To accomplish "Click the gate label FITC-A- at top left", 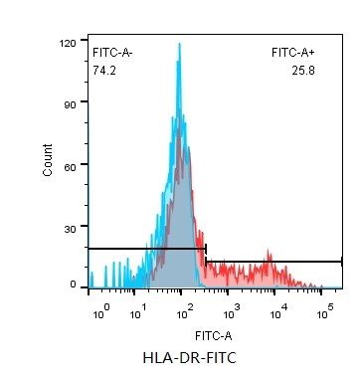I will tap(112, 51).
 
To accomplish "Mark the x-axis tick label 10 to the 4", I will tap(278, 312).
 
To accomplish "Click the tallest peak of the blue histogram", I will tap(179, 46).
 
